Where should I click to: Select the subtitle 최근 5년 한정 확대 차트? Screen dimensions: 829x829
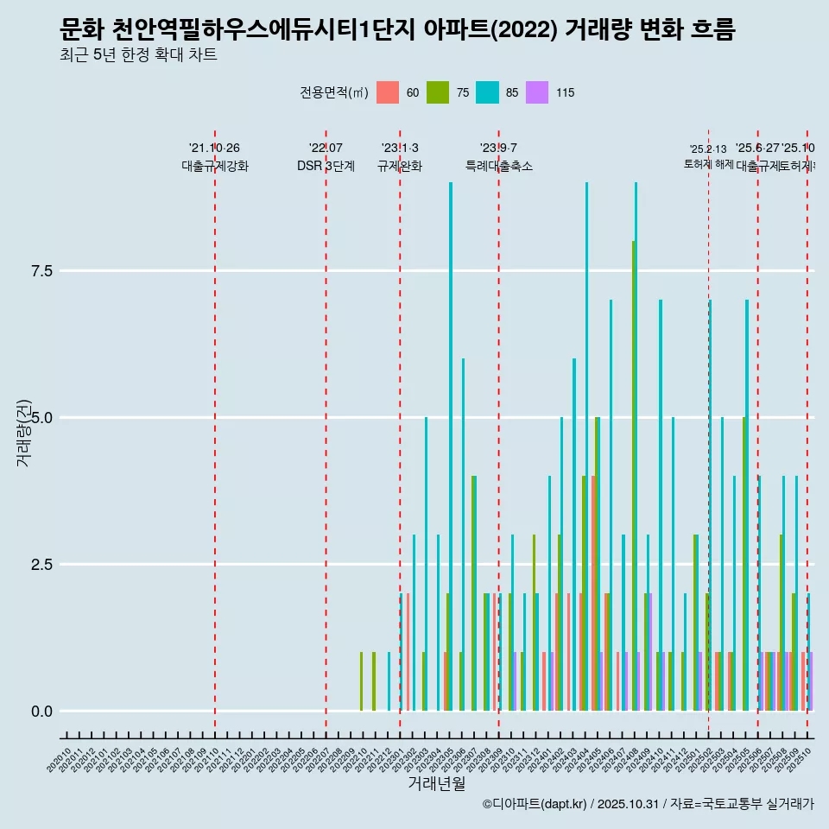coord(138,56)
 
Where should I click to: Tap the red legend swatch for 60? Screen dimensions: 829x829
coord(388,92)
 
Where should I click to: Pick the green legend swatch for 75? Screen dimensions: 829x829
coord(438,92)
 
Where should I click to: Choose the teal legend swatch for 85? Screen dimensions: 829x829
coord(487,92)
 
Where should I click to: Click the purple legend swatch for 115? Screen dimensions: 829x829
coord(537,92)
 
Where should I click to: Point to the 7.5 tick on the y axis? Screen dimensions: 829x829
coord(42,271)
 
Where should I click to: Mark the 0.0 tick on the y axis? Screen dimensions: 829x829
coord(42,712)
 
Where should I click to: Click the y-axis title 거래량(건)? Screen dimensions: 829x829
coord(23,432)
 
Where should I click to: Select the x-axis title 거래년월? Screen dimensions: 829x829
coord(437,784)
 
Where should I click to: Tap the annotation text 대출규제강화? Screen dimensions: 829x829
coord(215,167)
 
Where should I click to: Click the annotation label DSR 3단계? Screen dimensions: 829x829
coord(326,167)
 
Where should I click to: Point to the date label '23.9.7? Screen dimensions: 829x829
coord(498,149)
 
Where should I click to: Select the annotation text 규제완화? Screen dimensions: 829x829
coord(400,167)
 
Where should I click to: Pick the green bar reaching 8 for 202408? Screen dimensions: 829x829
coord(633,476)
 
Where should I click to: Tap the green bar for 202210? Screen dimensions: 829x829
coord(361,681)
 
